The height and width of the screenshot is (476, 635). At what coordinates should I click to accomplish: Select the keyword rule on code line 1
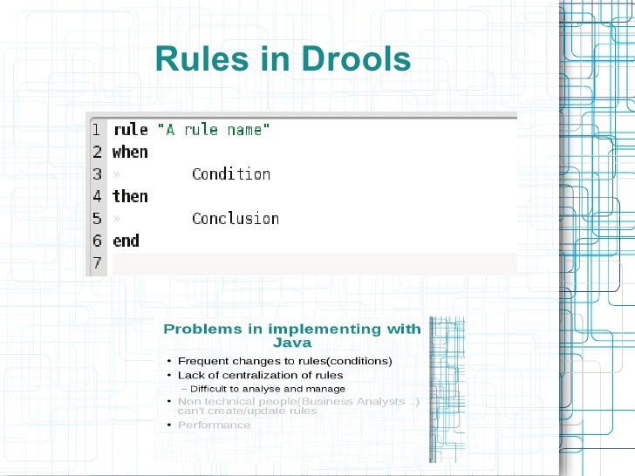(x=130, y=130)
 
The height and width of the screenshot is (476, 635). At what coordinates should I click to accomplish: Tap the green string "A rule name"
(x=213, y=130)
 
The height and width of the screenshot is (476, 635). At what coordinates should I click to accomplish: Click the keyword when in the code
(x=130, y=152)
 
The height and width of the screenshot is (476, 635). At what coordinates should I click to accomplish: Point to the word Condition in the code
(x=231, y=173)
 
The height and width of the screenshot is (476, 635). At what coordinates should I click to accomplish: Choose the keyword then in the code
(x=130, y=196)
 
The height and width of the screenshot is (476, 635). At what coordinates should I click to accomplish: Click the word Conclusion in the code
(x=236, y=218)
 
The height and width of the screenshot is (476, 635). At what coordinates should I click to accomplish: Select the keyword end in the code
(x=126, y=241)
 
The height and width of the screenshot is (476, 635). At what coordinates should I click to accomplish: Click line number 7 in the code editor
(x=97, y=262)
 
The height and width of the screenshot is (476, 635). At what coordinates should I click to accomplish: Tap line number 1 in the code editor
(x=97, y=130)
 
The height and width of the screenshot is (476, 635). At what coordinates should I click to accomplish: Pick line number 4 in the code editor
(x=97, y=196)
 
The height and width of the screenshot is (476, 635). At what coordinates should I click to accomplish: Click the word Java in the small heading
(x=292, y=343)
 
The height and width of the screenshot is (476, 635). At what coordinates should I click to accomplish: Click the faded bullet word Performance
(x=214, y=425)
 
